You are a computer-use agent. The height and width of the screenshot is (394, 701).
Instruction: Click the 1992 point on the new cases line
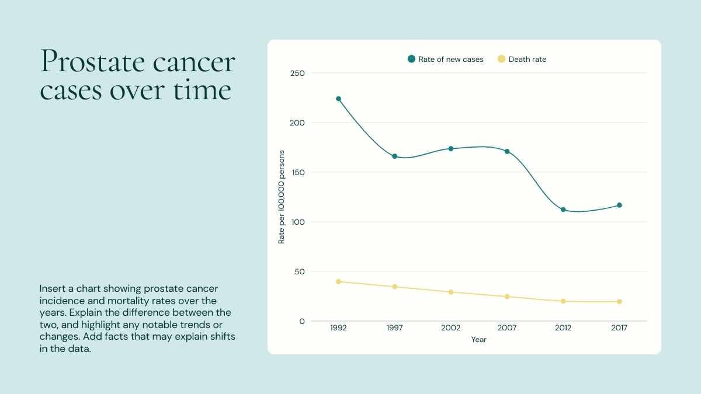pos(338,99)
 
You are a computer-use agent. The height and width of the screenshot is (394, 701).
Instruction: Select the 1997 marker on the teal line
pos(394,156)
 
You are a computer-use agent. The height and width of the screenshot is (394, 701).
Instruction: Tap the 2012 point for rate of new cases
pos(563,210)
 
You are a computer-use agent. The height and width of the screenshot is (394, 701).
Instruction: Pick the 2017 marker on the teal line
pos(619,205)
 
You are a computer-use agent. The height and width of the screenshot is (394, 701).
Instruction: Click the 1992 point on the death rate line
pos(338,281)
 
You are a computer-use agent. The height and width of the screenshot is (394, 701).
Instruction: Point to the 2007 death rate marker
pos(507,297)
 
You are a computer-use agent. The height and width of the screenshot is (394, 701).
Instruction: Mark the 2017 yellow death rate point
pos(619,302)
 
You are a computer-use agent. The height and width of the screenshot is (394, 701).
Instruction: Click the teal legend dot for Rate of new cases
pos(411,59)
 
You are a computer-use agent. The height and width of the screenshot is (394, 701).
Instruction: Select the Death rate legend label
pos(528,60)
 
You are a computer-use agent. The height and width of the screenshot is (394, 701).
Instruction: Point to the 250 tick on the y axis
pos(297,73)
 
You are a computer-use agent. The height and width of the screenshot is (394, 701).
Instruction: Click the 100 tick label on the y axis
pos(297,222)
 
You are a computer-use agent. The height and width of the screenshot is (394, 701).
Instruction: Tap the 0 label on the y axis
pos(302,321)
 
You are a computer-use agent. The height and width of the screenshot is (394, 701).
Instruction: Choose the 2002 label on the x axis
pos(451,328)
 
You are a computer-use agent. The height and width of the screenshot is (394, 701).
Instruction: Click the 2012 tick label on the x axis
pos(563,328)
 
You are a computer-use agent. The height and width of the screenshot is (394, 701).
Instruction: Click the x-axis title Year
pos(479,340)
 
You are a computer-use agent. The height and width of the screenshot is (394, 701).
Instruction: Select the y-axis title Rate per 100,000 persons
pos(282,197)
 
